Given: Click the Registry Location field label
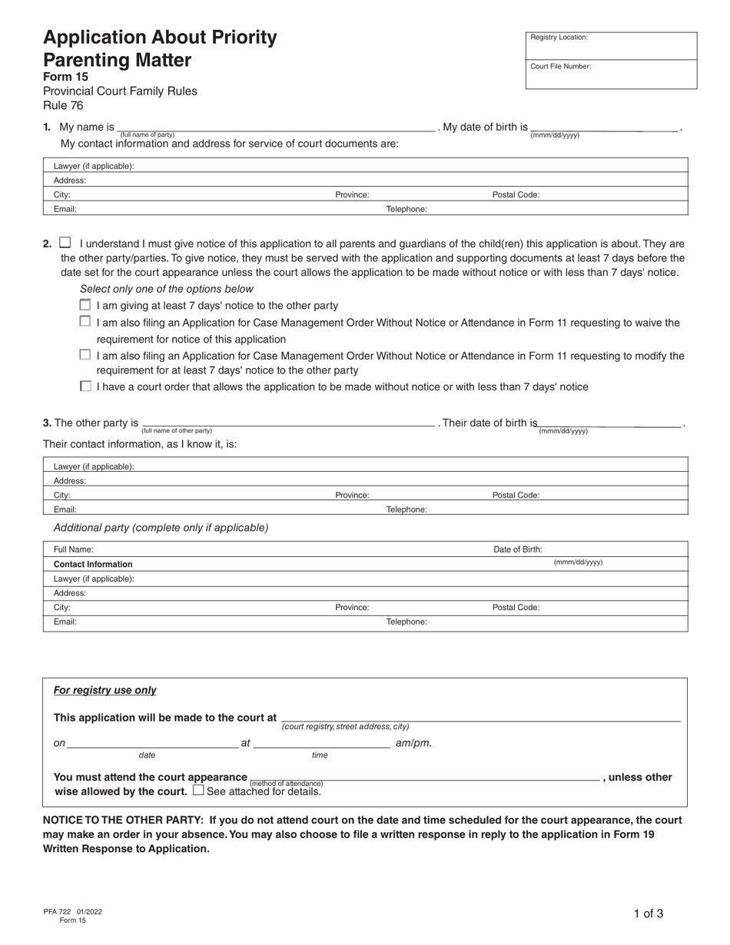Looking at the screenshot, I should pyautogui.click(x=559, y=37).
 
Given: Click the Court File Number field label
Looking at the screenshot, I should pyautogui.click(x=560, y=66).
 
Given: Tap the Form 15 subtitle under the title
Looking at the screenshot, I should pyautogui.click(x=65, y=76).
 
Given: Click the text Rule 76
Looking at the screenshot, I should pyautogui.click(x=63, y=106).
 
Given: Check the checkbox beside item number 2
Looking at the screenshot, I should pyautogui.click(x=65, y=242).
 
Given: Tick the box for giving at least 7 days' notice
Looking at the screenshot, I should pyautogui.click(x=85, y=304).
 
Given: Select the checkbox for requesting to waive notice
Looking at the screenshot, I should pyautogui.click(x=85, y=321).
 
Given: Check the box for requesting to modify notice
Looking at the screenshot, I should pyautogui.click(x=85, y=354).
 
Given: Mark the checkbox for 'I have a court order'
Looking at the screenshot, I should pyautogui.click(x=85, y=386).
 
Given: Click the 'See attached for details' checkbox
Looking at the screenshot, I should pyautogui.click(x=198, y=790).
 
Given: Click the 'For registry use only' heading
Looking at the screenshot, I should pyautogui.click(x=105, y=690).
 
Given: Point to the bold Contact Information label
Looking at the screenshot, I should pyautogui.click(x=93, y=564).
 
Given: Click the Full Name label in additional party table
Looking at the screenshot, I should pyautogui.click(x=74, y=549).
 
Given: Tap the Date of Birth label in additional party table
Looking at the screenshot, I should pyautogui.click(x=517, y=549).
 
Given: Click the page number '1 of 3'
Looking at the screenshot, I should pyautogui.click(x=649, y=913).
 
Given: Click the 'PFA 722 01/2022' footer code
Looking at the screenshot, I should pyautogui.click(x=73, y=911).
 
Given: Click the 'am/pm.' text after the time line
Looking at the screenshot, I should pyautogui.click(x=413, y=743).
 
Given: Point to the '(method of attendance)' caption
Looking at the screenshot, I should pyautogui.click(x=280, y=784).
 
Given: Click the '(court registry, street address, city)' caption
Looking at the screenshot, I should pyautogui.click(x=345, y=726).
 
